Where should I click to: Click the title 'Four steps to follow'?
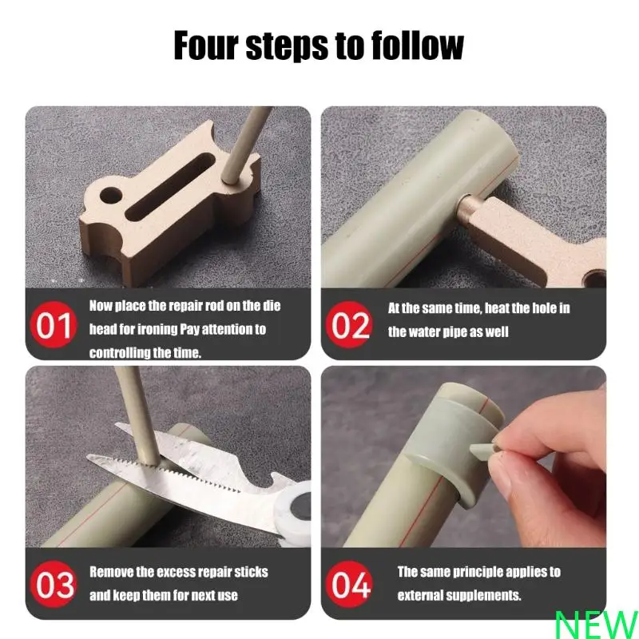(319, 46)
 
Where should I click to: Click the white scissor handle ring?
(296, 512)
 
